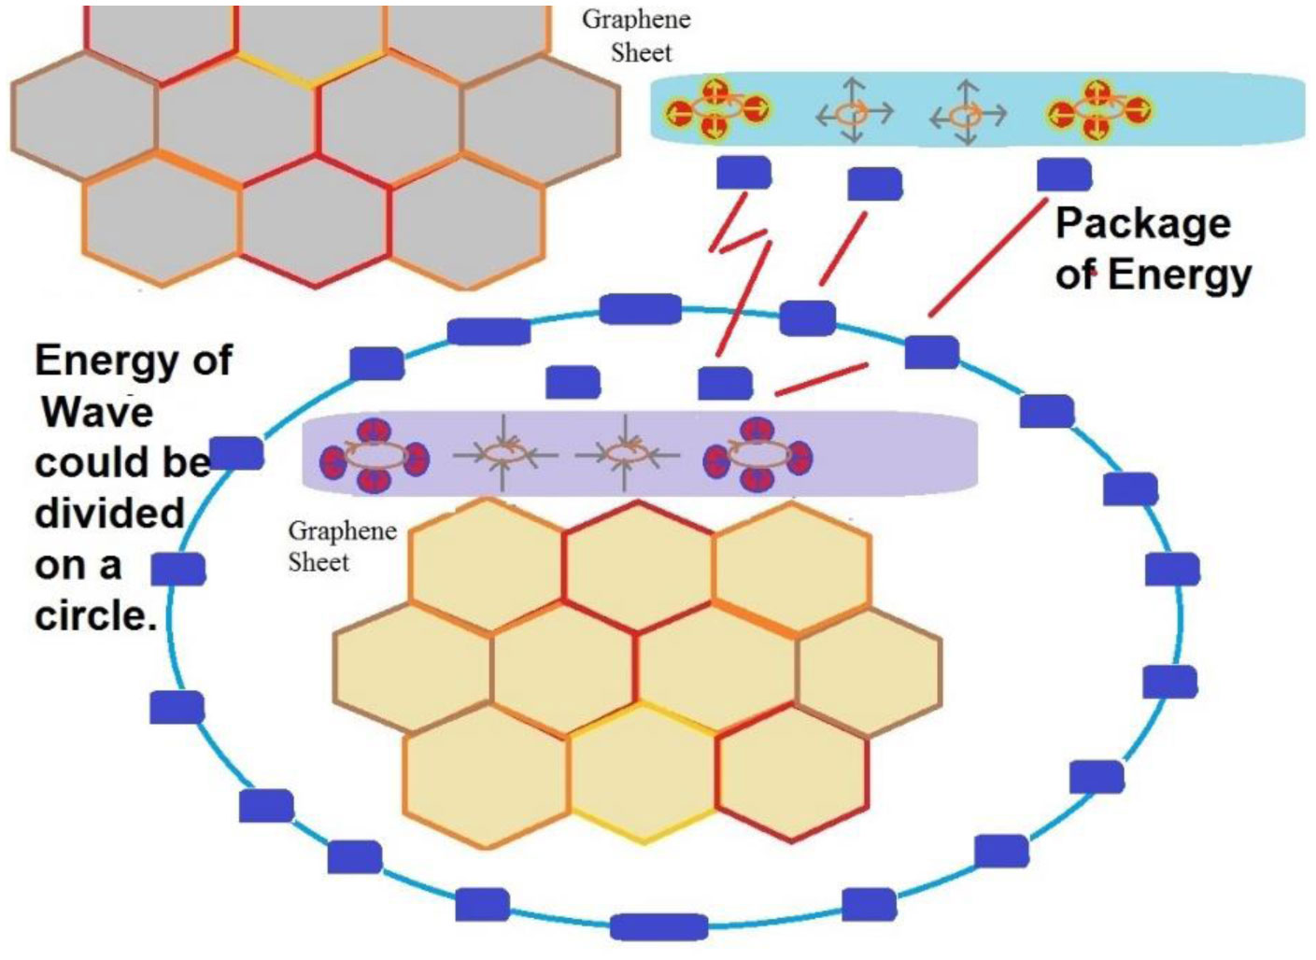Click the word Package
pos(1142,225)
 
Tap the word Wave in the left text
pos(97,412)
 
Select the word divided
pos(108,514)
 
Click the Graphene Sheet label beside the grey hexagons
pos(637,36)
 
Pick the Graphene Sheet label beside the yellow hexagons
pos(342,546)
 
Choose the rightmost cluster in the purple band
pos(757,456)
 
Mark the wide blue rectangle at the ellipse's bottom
pos(658,927)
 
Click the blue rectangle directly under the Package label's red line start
pos(1064,175)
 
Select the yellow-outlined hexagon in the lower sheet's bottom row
pos(643,773)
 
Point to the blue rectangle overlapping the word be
pos(236,453)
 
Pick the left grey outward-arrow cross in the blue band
pos(854,113)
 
